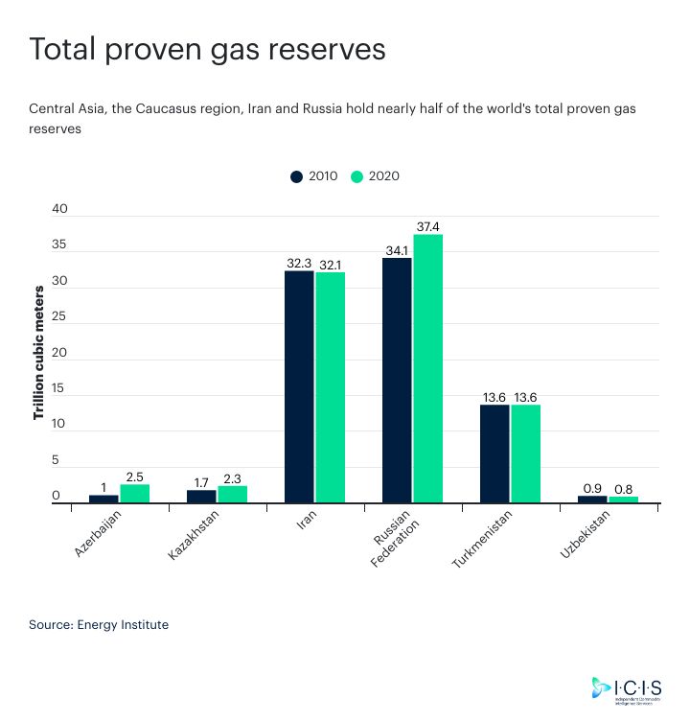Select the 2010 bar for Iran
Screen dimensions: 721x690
click(299, 386)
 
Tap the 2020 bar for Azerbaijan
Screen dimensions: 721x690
click(135, 493)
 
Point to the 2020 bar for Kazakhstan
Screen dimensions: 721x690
click(233, 494)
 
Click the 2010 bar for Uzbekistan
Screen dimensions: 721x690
click(592, 499)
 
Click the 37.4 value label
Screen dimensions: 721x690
click(427, 226)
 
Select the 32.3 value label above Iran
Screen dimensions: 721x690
click(299, 263)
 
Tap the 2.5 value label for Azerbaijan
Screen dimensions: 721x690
click(135, 477)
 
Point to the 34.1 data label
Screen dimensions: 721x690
click(396, 250)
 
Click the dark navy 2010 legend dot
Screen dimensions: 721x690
click(296, 176)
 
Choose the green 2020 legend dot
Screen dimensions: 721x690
click(357, 176)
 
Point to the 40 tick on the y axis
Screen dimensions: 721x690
click(58, 210)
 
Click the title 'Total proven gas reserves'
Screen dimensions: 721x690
click(207, 50)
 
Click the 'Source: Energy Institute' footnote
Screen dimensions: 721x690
click(99, 624)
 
